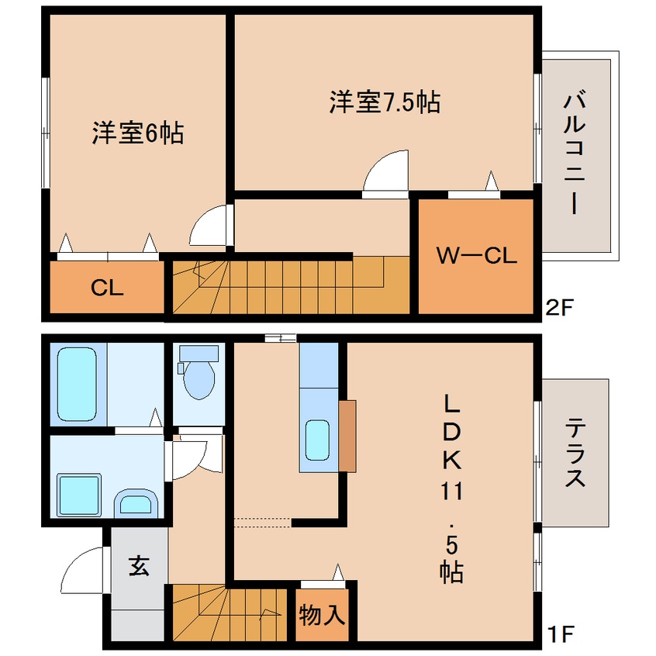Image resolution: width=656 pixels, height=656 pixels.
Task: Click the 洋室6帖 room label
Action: click(138, 133)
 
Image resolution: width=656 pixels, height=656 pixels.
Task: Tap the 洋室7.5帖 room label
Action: click(385, 102)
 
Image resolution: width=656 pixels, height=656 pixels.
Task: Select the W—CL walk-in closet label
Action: click(475, 256)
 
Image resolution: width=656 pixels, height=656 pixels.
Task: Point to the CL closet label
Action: click(107, 288)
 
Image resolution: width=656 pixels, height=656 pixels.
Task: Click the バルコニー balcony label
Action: click(575, 153)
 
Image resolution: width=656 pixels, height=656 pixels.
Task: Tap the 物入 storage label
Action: click(321, 616)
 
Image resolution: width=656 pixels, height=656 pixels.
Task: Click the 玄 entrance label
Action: click(139, 567)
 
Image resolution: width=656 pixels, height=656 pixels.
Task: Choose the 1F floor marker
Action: click(558, 635)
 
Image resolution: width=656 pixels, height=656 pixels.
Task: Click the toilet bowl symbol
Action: click(199, 377)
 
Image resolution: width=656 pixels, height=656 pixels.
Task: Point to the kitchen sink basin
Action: click(318, 439)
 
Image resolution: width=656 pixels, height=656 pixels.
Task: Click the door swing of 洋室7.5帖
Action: click(388, 171)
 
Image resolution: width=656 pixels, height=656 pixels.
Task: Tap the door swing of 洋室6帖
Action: click(209, 226)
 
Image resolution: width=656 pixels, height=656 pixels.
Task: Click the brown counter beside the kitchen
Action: click(347, 436)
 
